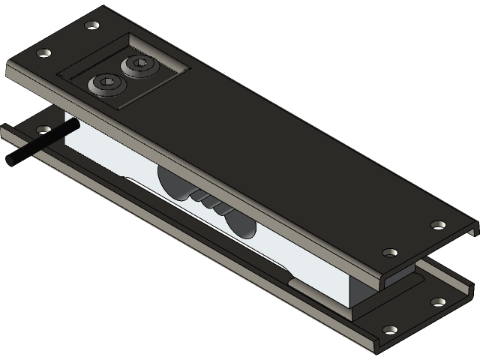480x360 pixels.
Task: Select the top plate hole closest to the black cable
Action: tap(43, 53)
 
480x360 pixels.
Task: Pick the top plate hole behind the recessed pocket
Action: tap(91, 25)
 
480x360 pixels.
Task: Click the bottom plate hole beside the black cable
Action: tap(40, 129)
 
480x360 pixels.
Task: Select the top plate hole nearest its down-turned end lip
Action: tap(437, 223)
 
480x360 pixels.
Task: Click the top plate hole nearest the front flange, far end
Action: tap(388, 253)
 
